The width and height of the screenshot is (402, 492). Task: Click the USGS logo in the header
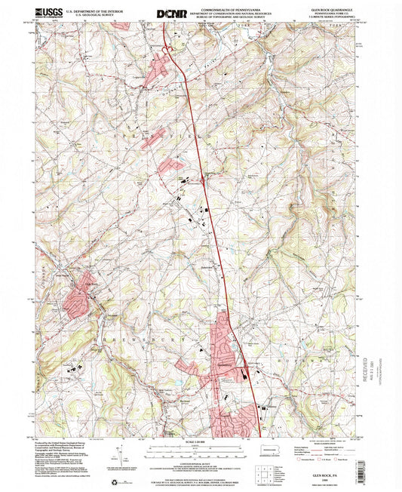click(48, 13)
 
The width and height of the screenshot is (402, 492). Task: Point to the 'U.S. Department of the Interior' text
click(94, 11)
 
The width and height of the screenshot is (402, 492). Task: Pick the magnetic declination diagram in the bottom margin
click(119, 454)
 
